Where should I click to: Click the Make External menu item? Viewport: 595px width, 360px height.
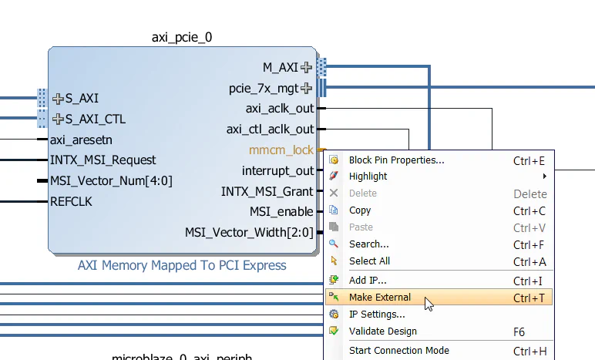pos(380,298)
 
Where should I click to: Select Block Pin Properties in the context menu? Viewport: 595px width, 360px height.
pos(396,160)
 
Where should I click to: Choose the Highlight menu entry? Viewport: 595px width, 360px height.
pos(368,177)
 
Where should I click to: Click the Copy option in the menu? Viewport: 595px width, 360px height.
pos(360,210)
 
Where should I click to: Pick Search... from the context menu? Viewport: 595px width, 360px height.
pos(368,244)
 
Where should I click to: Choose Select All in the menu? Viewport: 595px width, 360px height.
pos(369,261)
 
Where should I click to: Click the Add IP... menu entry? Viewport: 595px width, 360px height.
pos(368,281)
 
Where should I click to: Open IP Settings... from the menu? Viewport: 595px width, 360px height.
pos(377,315)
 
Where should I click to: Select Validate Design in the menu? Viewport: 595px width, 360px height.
pos(382,331)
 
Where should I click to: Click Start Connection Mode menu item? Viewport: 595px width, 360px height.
pos(398,351)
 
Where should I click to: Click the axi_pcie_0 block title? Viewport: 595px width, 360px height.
pos(182,37)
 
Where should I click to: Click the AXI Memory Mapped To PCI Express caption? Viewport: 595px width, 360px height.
pos(182,266)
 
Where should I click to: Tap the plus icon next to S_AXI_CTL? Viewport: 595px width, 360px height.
pos(59,119)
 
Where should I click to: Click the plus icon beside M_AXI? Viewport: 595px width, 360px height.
pos(307,68)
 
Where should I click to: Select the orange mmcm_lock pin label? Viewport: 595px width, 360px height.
pos(281,150)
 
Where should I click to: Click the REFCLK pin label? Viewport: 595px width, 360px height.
pos(71,202)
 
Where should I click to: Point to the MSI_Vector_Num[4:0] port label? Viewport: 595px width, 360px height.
pos(111,181)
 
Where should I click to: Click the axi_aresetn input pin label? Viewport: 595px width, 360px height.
pos(81,140)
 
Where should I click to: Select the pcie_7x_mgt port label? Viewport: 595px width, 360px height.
pos(264,89)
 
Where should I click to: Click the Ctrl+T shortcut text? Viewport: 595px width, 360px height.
pos(529,298)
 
